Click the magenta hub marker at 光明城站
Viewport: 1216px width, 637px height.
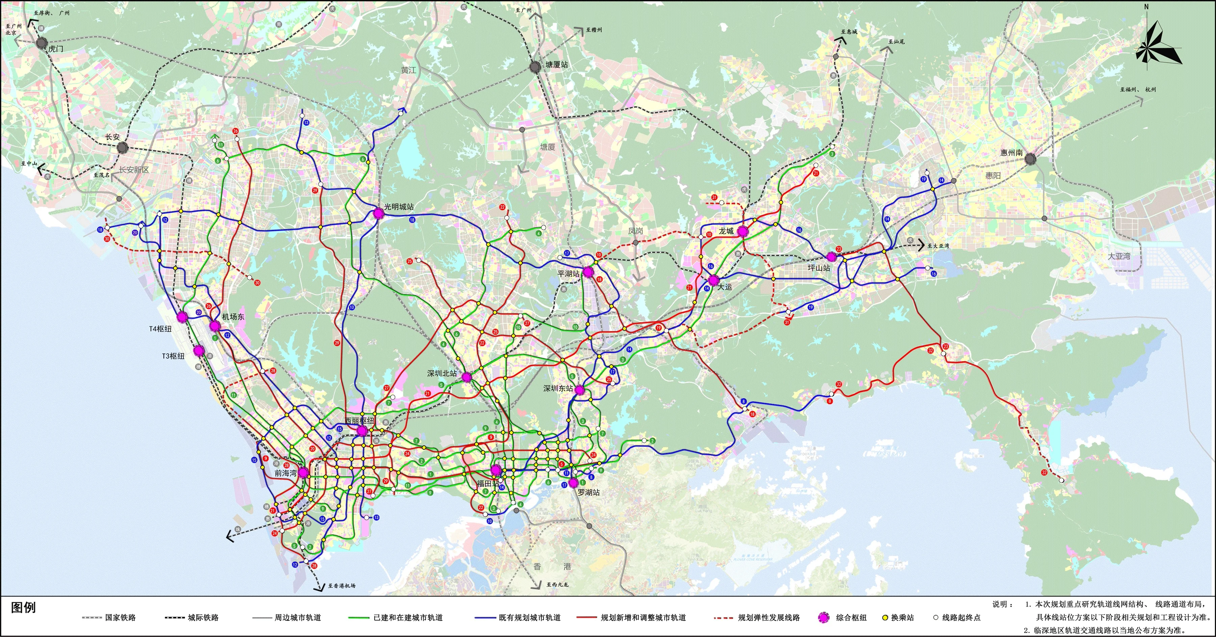(378, 213)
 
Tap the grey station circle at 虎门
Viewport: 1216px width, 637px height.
(42, 43)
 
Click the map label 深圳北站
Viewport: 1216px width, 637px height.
(442, 373)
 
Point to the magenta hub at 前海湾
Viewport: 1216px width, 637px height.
(303, 472)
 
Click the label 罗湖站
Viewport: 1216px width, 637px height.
(589, 492)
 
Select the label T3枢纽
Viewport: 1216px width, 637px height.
(173, 356)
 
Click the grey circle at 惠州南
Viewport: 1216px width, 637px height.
(1031, 159)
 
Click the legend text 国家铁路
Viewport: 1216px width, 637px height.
(120, 618)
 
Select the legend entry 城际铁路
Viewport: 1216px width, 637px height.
(203, 618)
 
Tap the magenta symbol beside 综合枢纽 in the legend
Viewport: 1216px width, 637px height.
(824, 618)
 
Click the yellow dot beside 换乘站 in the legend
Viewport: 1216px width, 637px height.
(885, 618)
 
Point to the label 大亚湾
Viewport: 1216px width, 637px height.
(1119, 256)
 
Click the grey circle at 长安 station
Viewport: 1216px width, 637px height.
(122, 148)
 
